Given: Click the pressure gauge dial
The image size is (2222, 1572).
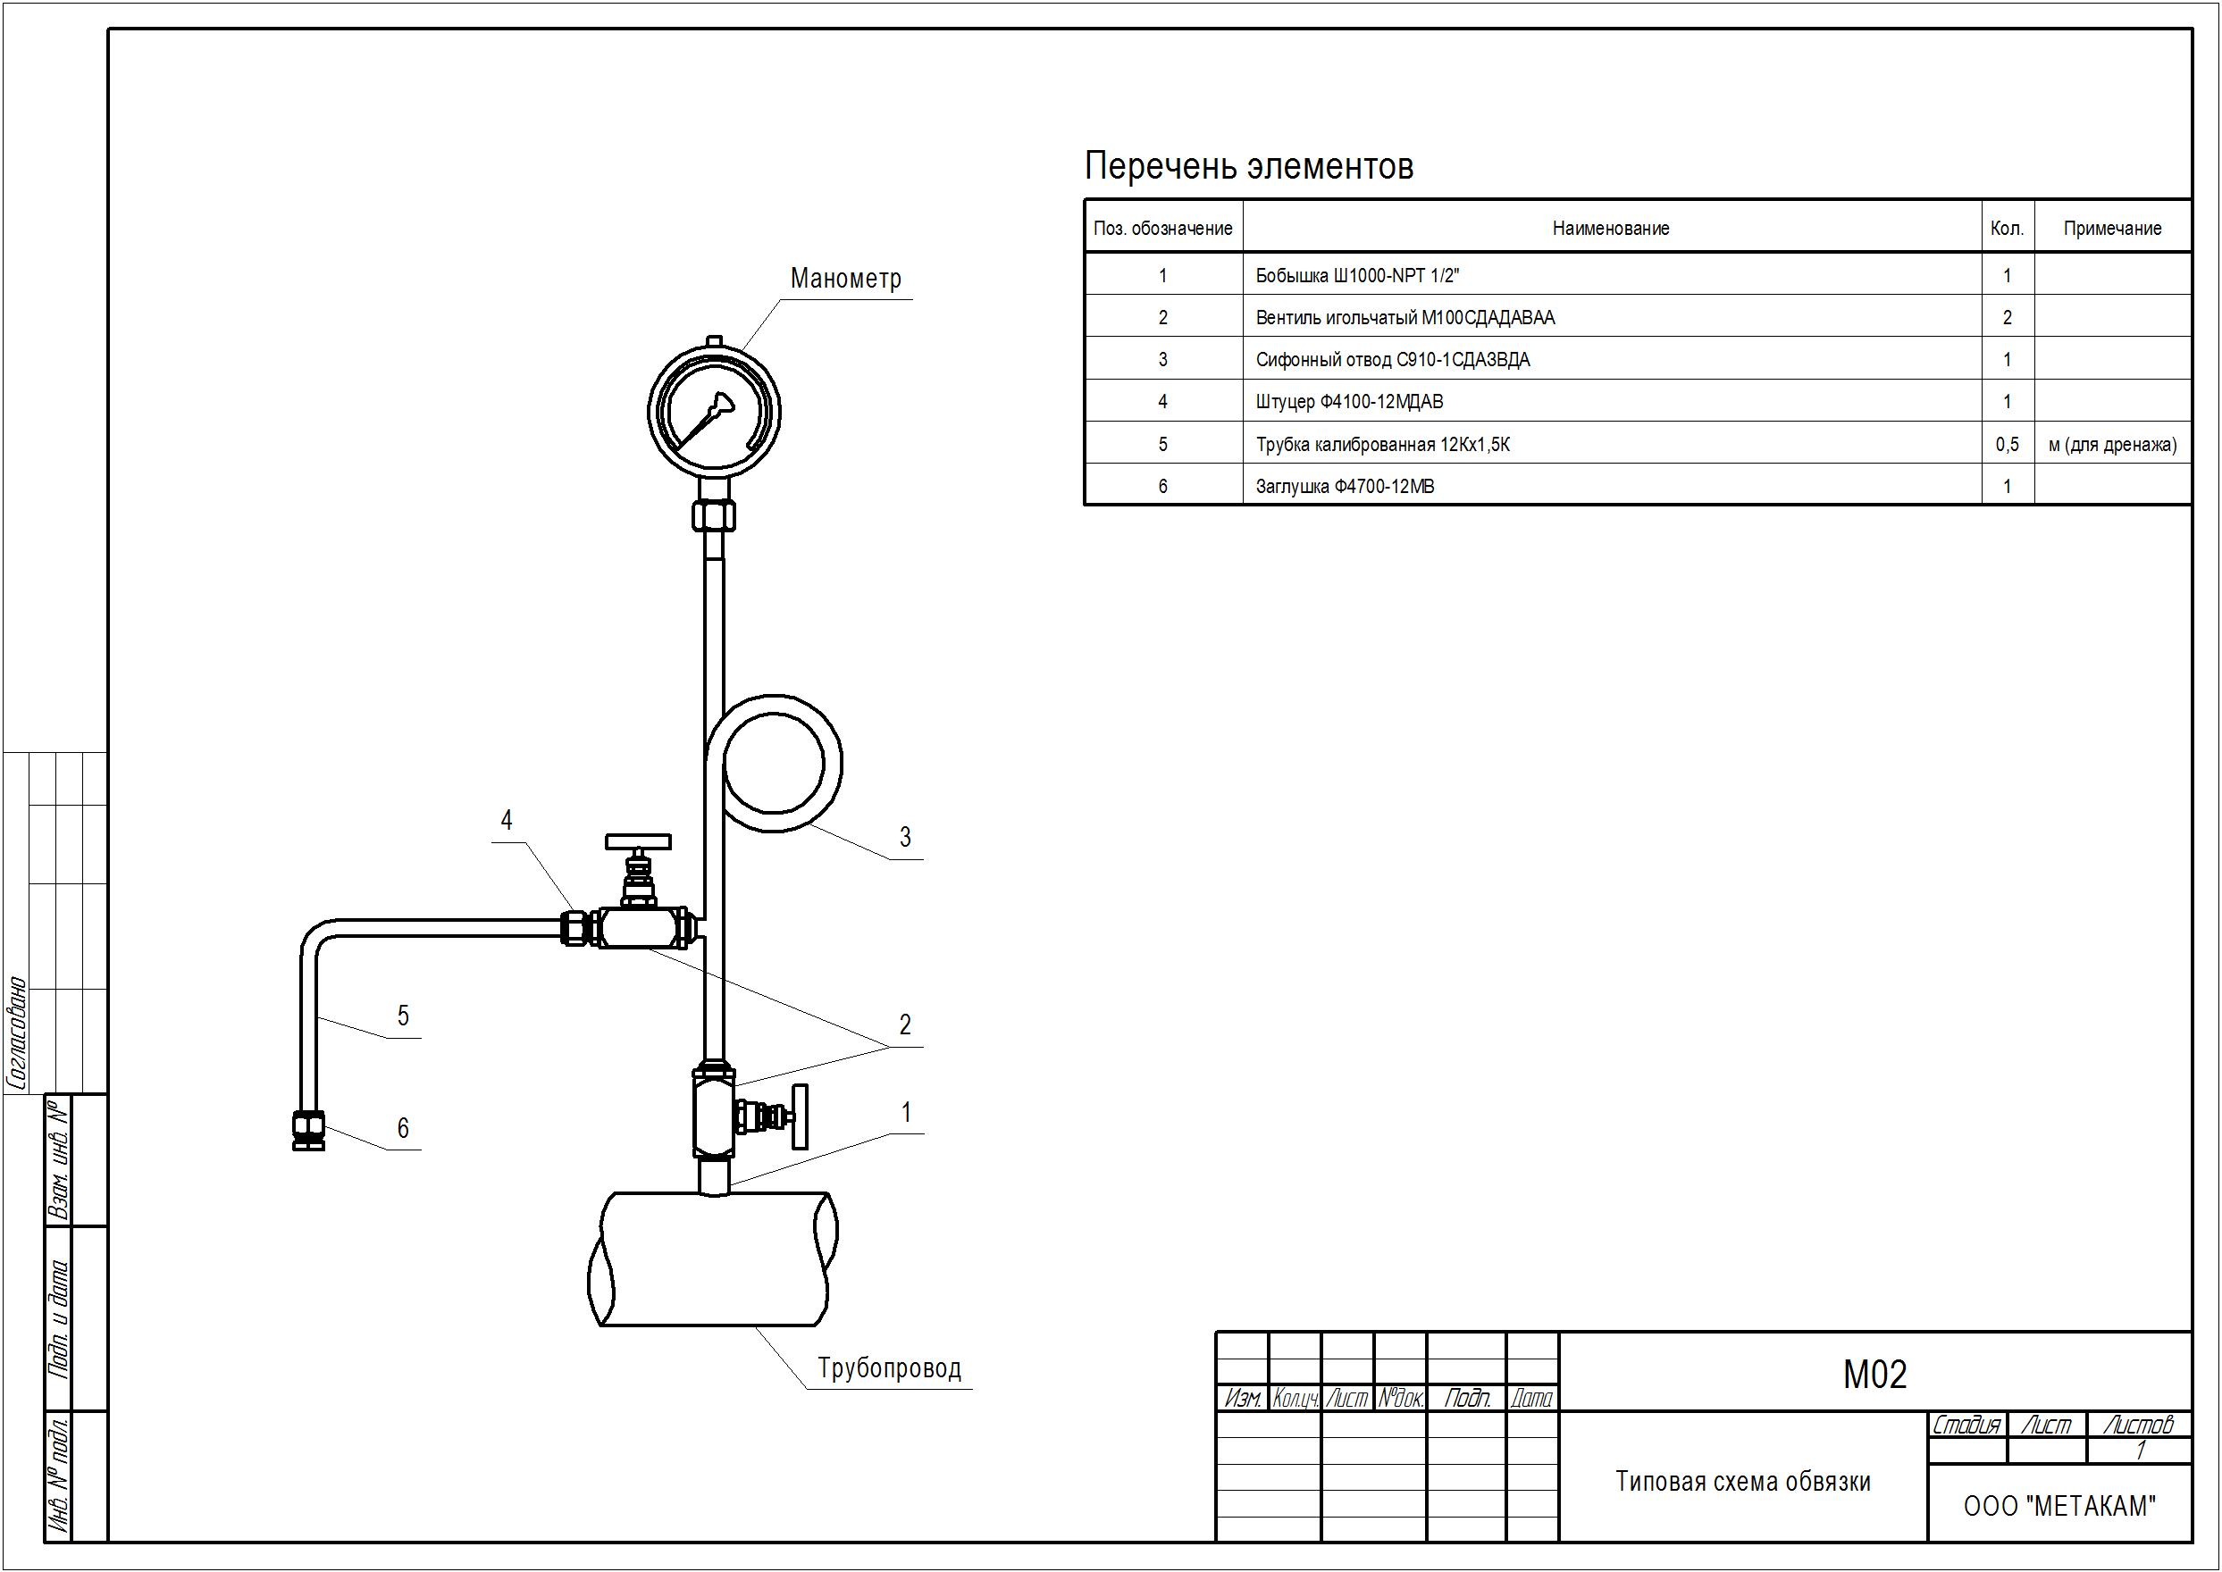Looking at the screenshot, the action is coord(715,412).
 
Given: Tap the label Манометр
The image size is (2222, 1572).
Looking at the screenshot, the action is coord(845,279).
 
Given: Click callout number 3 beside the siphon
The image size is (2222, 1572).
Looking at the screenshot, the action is coord(905,836).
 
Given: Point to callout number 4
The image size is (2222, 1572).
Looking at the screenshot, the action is coord(507,820).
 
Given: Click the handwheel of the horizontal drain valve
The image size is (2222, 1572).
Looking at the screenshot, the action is coord(638,841).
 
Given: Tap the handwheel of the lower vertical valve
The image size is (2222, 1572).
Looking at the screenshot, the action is coord(800,1116).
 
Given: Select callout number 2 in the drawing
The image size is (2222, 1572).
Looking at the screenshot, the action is coord(905,1024).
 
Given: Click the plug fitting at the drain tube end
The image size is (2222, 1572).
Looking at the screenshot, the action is coord(309,1131).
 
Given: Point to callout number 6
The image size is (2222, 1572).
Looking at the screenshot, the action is coord(403,1128).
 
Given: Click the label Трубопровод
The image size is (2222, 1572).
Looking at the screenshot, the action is coord(889,1367).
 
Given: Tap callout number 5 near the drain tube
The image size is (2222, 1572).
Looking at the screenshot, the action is coord(403,1016).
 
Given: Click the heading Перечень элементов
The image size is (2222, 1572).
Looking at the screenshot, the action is coord(1248,166).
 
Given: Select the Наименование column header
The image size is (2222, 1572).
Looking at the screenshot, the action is coord(1611,229).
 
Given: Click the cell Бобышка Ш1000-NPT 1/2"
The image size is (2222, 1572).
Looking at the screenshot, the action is coord(1356,275).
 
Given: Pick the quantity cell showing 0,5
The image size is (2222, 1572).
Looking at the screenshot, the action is coord(2007,444).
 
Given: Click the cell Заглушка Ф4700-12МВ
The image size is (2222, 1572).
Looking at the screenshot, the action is coord(1345,486).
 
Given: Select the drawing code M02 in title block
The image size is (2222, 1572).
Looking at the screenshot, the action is coord(1874,1375).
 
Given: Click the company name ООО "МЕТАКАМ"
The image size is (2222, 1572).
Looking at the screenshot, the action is coord(2059,1506).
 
